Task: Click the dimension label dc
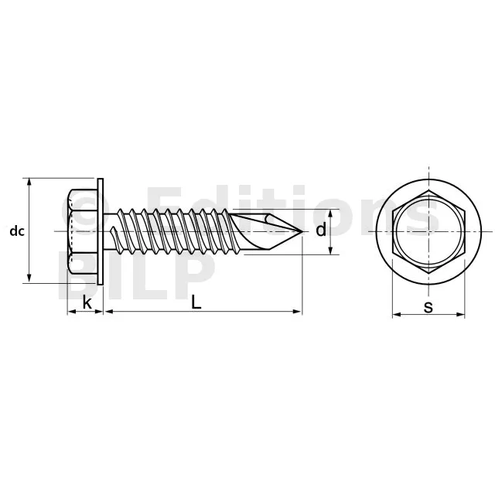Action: click(x=17, y=231)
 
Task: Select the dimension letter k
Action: click(x=87, y=303)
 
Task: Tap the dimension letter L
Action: click(x=196, y=303)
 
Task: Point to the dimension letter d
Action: click(x=321, y=230)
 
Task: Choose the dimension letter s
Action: click(x=428, y=306)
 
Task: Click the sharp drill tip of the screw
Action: click(x=302, y=232)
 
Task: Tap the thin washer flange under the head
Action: click(x=101, y=232)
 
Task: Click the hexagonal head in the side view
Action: click(x=83, y=232)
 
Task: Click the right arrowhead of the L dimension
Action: click(x=298, y=312)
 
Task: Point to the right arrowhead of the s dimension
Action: click(x=461, y=314)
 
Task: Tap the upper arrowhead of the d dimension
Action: click(x=330, y=213)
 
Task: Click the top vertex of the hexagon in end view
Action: click(x=428, y=190)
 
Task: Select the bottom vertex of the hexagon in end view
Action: click(x=428, y=273)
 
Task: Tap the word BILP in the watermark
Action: click(x=136, y=275)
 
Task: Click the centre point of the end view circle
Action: click(x=428, y=232)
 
